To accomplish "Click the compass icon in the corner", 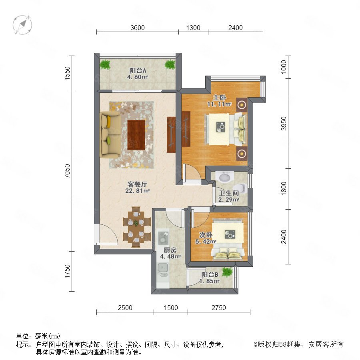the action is tap(22, 25).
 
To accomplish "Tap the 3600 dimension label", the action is tap(138, 28).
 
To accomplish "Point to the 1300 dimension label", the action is tap(193, 28).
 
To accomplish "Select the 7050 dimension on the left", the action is tap(67, 171).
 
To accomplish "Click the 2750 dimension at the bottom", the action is tap(218, 308).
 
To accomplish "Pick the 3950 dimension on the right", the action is tap(284, 124).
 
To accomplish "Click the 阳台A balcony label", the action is tap(138, 70).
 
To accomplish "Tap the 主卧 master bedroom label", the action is tap(220, 98).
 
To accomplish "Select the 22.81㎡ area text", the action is tap(137, 190).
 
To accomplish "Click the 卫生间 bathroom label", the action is tap(229, 193).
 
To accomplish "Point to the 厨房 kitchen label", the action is tap(170, 250).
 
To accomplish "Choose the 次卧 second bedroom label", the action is tap(206, 235).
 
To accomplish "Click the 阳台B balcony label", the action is tap(210, 274).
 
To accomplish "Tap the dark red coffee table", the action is tap(136, 135).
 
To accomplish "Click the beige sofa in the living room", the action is tap(110, 134).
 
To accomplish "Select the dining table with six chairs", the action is tap(136, 227).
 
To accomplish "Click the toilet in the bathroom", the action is tap(242, 188).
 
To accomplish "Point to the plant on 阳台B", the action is tap(227, 272).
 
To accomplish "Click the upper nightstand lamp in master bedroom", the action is tap(242, 105).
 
